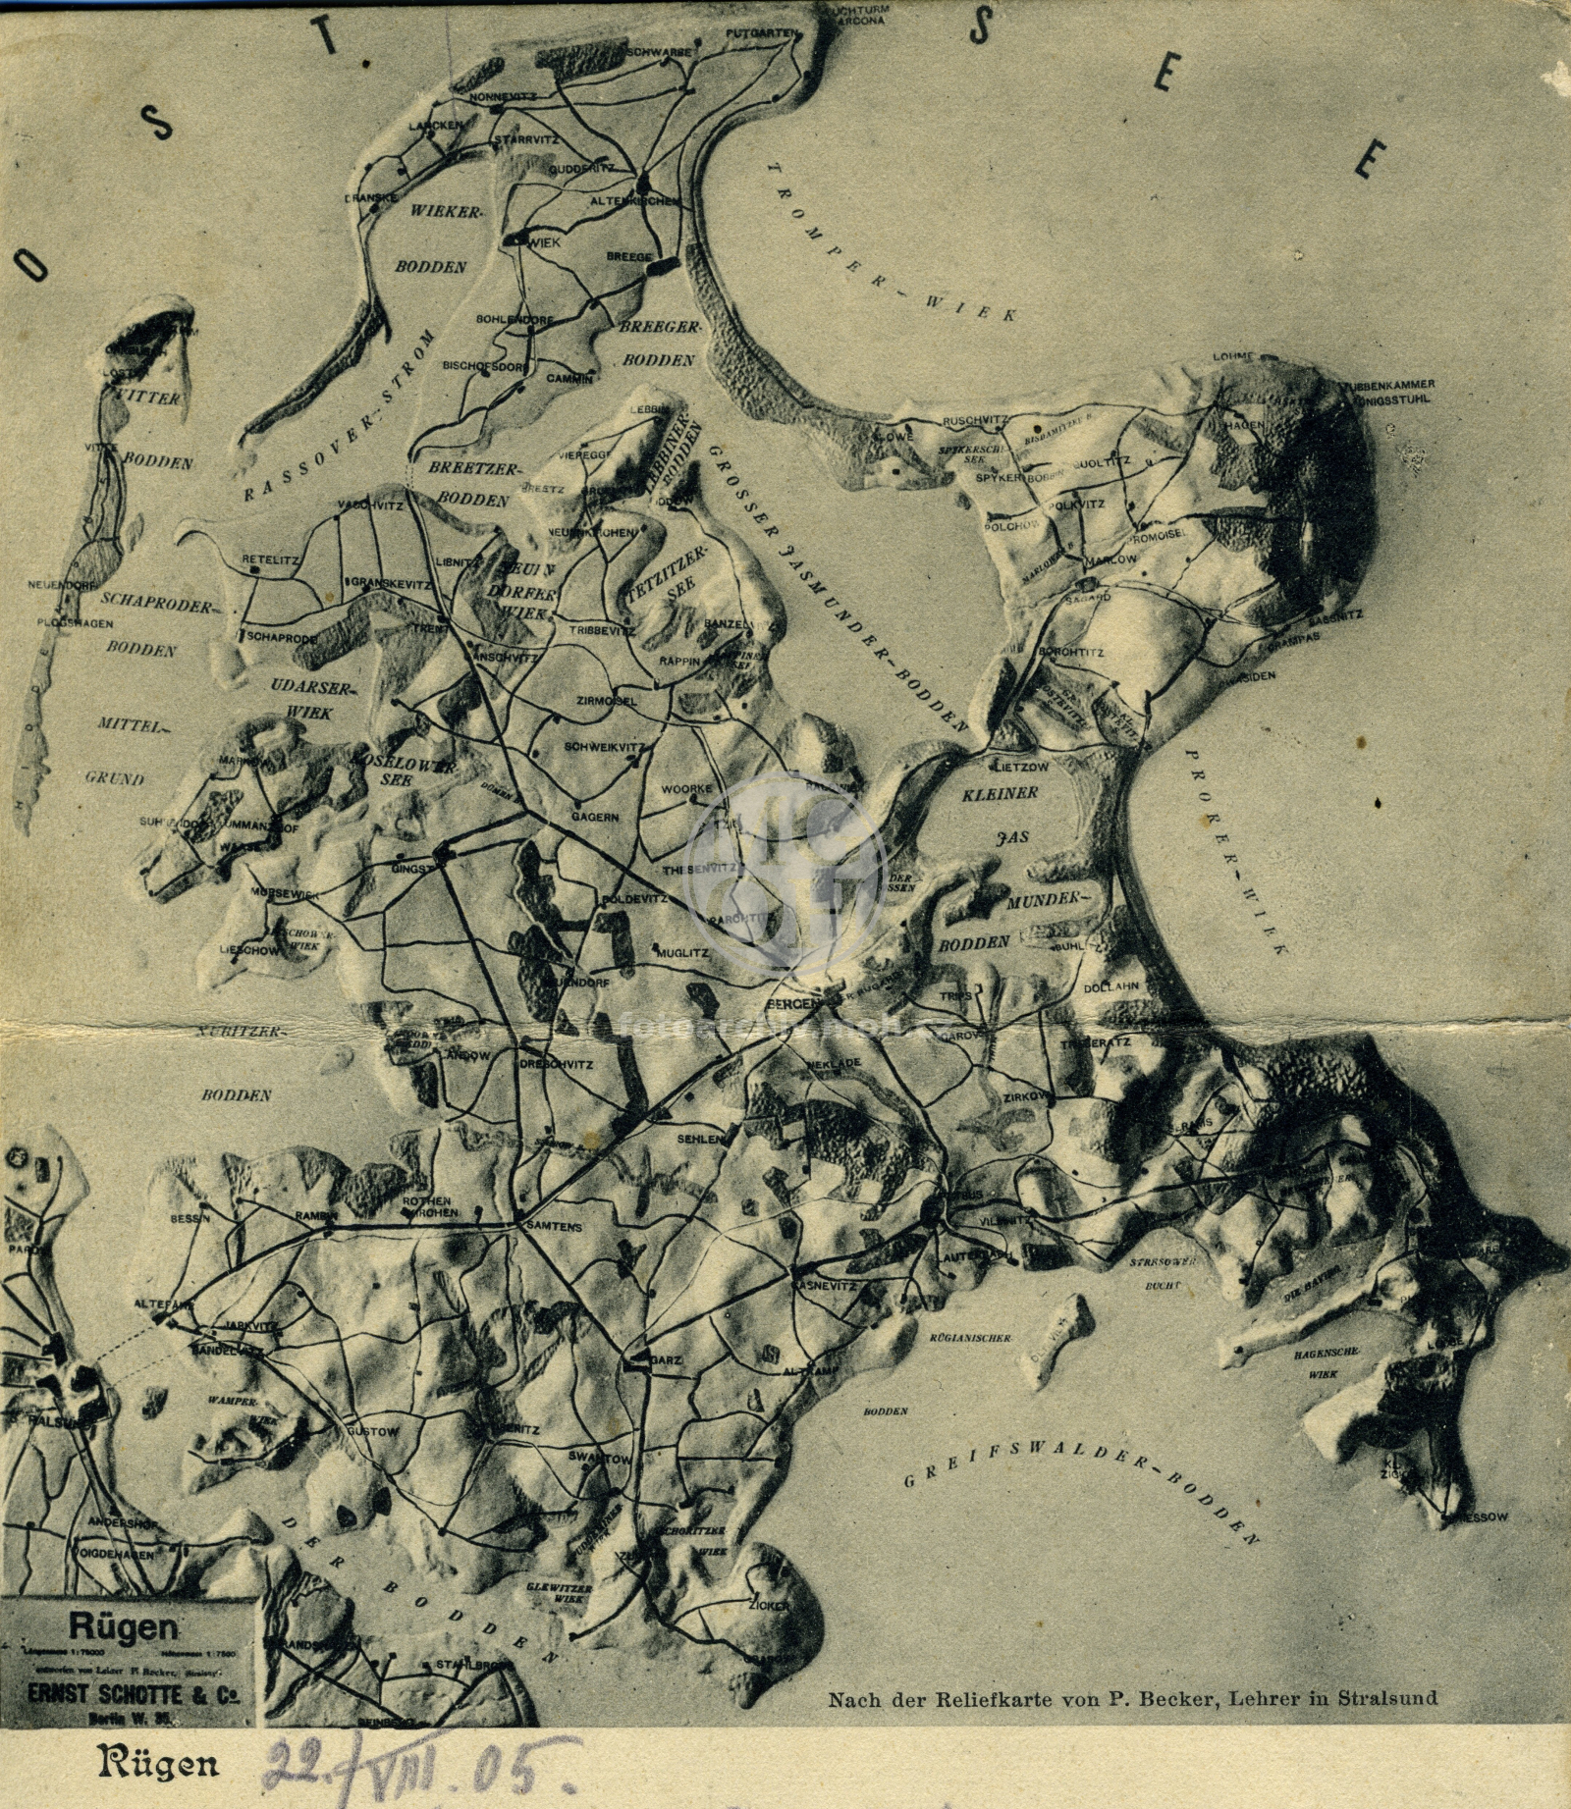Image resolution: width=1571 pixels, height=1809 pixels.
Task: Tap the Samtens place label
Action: click(x=555, y=1227)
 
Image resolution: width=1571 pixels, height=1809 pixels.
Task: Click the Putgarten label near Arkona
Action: click(x=761, y=33)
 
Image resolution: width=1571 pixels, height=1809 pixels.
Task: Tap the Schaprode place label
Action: click(x=282, y=637)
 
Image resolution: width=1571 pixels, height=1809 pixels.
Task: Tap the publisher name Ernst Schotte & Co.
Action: click(x=134, y=1694)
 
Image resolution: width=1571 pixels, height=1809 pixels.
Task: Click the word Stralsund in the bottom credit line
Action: click(x=1386, y=1697)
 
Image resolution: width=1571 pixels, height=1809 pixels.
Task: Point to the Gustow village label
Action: click(x=373, y=1432)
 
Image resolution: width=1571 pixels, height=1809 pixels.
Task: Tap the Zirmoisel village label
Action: click(x=607, y=701)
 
